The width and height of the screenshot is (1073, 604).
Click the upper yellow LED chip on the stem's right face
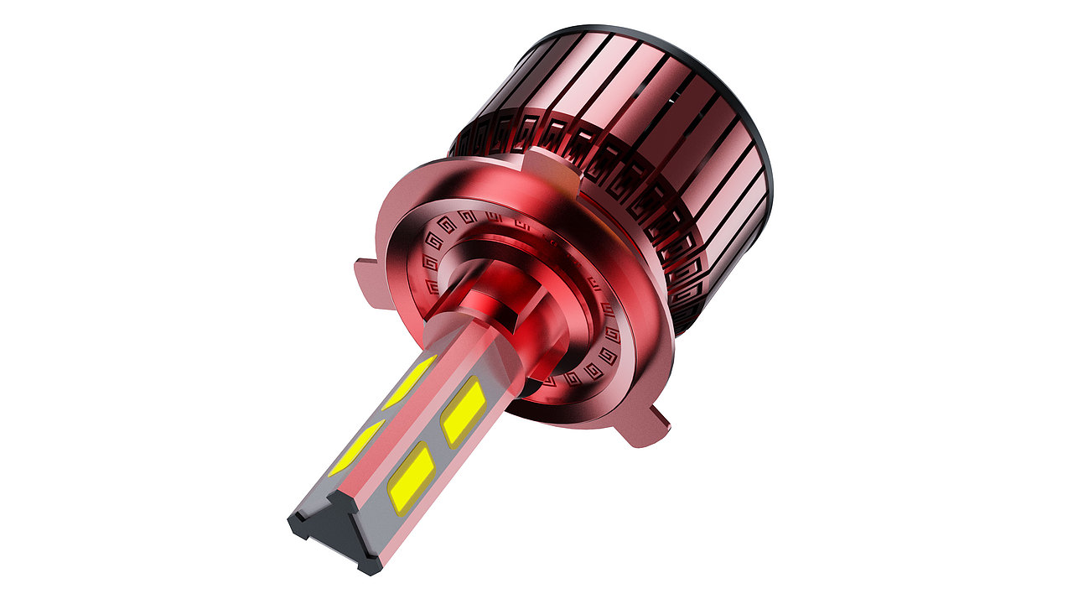tap(462, 411)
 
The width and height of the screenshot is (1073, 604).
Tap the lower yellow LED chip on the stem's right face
tap(411, 478)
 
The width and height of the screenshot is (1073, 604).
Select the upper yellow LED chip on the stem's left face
tap(410, 381)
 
